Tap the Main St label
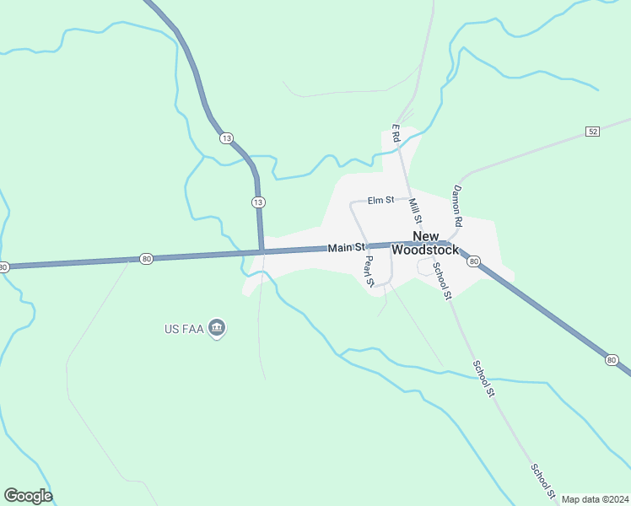(x=346, y=247)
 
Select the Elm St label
(x=381, y=200)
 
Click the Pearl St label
(x=369, y=267)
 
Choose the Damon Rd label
(x=458, y=206)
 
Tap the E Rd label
(x=395, y=133)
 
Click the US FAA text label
(x=184, y=328)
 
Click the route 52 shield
(x=592, y=132)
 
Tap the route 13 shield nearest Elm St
(x=258, y=202)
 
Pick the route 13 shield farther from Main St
(x=225, y=137)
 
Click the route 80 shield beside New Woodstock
(x=474, y=261)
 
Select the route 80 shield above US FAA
(x=147, y=259)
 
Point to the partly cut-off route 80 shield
(x=3, y=266)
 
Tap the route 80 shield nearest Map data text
(x=611, y=360)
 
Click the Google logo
(x=28, y=496)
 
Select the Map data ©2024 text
(x=595, y=499)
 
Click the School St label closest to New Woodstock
(x=443, y=281)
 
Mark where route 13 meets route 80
(x=262, y=251)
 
